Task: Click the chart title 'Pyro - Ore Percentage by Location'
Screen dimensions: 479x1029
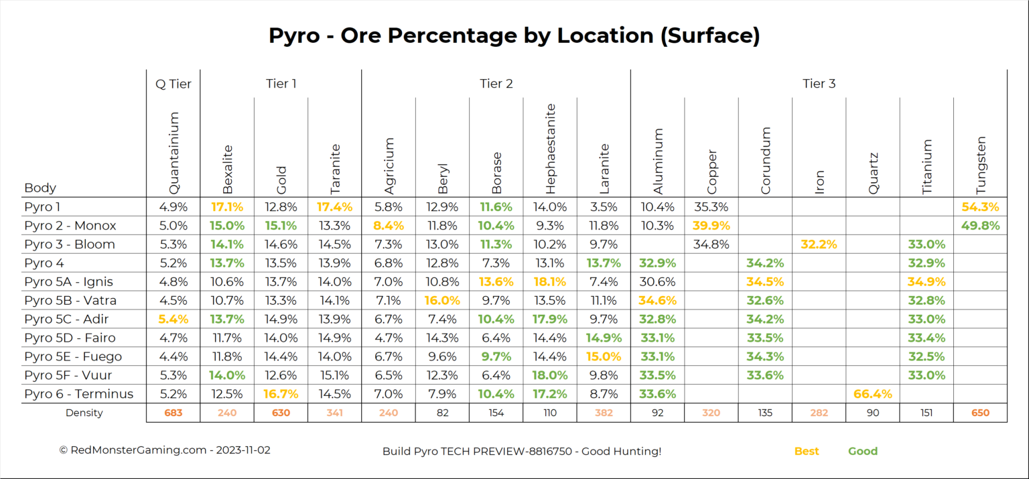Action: tap(514, 36)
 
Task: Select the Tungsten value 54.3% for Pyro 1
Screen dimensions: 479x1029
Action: tap(980, 207)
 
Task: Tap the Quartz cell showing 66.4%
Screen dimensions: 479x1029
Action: tap(873, 394)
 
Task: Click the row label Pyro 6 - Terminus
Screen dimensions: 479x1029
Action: tap(78, 394)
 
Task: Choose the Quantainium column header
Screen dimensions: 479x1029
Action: tap(174, 153)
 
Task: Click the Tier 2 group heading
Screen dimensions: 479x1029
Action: tap(496, 84)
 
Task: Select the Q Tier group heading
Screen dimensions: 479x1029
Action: tap(173, 84)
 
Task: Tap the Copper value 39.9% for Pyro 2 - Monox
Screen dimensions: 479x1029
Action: tap(711, 226)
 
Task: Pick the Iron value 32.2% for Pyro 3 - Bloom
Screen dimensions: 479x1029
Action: tap(819, 245)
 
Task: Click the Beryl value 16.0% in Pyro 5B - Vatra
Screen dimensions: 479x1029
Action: tap(442, 300)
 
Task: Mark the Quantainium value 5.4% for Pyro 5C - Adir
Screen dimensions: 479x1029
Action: tap(173, 319)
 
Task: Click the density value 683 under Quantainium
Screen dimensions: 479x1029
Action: tap(173, 413)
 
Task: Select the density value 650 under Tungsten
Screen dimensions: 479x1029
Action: tap(980, 413)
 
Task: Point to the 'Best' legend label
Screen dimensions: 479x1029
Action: tap(807, 451)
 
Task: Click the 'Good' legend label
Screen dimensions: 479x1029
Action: tap(863, 451)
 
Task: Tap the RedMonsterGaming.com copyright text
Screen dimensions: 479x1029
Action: tap(165, 450)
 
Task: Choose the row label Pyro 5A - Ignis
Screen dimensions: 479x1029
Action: tap(68, 281)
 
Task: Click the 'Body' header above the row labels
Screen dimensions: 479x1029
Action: tap(40, 188)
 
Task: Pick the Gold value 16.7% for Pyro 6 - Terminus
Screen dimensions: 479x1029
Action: tap(281, 394)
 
